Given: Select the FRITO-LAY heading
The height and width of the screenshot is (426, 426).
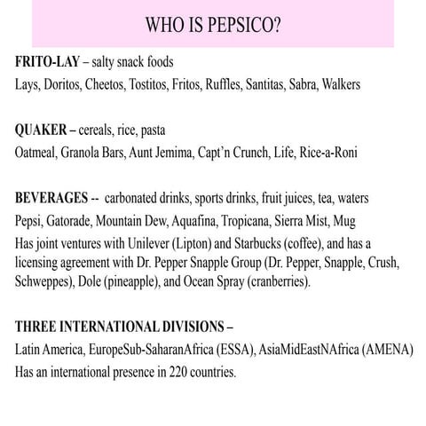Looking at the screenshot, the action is [x=51, y=64].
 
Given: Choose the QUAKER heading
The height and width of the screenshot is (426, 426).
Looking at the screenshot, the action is [x=46, y=130].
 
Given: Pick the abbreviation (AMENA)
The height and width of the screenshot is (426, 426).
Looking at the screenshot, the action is [x=383, y=350].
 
